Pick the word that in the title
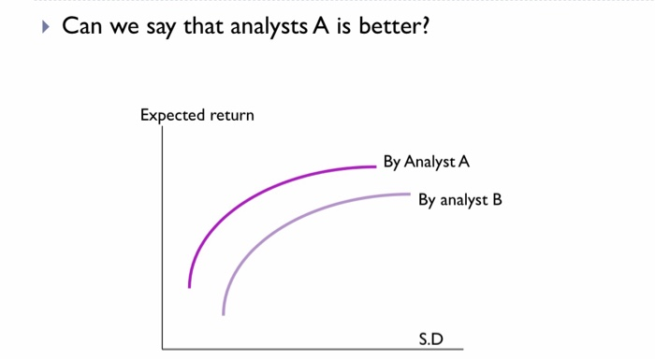tap(211, 24)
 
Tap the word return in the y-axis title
tap(231, 117)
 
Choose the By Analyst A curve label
tap(426, 163)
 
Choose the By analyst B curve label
tap(460, 200)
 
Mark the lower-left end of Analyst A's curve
tap(190, 287)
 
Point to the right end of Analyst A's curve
tap(374, 167)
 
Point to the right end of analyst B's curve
tap(410, 194)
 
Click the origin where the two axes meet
tap(163, 348)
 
